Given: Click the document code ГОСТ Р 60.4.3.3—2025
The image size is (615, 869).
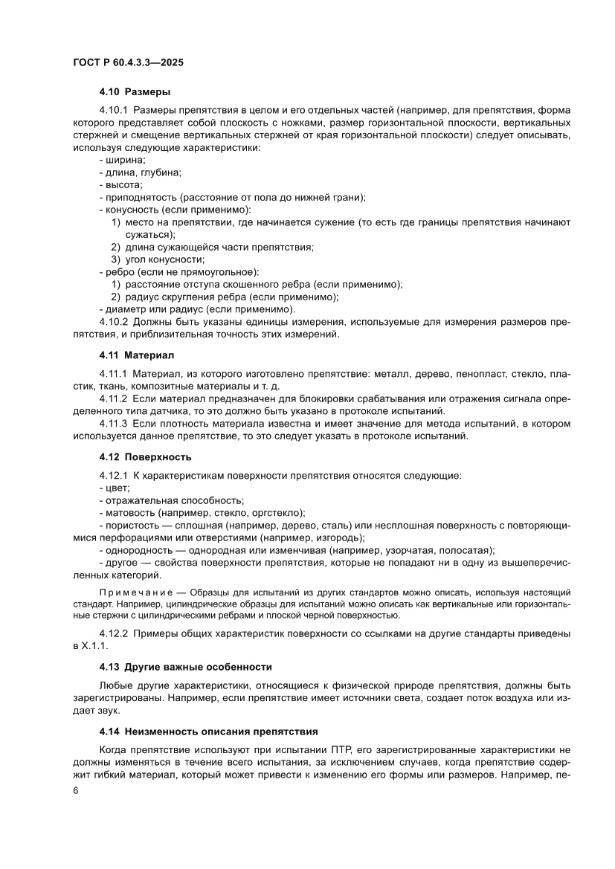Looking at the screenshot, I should [128, 63].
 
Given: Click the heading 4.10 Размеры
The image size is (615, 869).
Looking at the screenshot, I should [135, 93].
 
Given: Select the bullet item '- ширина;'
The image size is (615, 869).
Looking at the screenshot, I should [122, 160].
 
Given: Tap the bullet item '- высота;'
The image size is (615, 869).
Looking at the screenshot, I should [120, 184].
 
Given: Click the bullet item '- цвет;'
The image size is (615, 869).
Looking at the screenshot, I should [115, 488].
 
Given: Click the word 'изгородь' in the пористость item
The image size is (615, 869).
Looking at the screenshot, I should [339, 537].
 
